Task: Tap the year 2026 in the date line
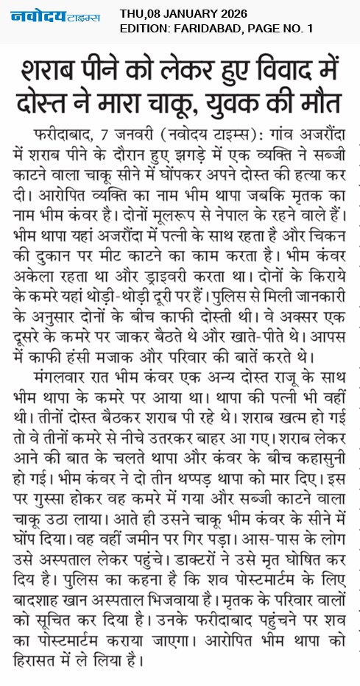pos(227,13)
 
